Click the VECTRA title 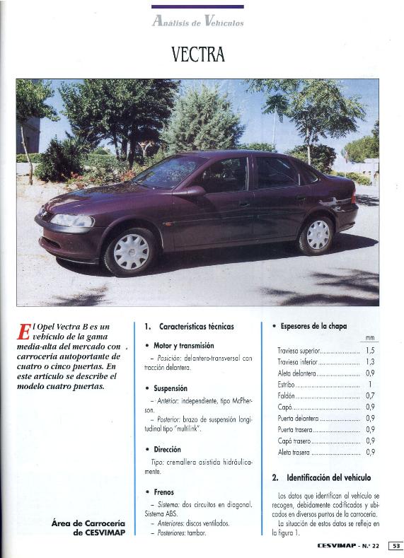[197, 54]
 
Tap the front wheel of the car [132, 252]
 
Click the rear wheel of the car [317, 235]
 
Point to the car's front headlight [71, 221]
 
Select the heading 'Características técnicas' [189, 327]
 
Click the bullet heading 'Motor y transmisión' [184, 346]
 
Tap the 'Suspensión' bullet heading [170, 388]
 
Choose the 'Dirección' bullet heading [167, 449]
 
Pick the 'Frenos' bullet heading [163, 492]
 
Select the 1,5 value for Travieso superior [370, 350]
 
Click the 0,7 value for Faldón [370, 395]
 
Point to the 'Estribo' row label [286, 384]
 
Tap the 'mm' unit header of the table [370, 337]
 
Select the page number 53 [395, 545]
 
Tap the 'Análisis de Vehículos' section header [197, 21]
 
